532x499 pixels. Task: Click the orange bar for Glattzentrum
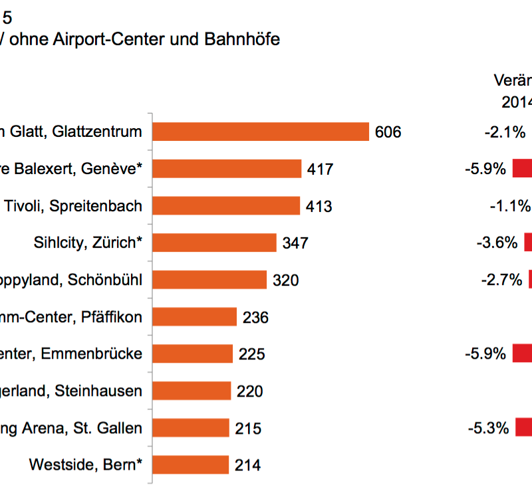click(261, 132)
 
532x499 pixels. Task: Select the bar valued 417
click(227, 169)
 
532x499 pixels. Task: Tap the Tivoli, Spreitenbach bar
click(226, 206)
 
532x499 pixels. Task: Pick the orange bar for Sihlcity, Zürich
click(214, 243)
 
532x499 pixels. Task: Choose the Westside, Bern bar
click(191, 464)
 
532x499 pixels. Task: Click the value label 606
click(388, 132)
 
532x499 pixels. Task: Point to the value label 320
click(286, 280)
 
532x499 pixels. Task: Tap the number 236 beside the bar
click(255, 318)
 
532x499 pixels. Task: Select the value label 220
click(250, 391)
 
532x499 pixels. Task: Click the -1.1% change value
click(510, 206)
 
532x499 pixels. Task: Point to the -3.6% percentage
click(497, 243)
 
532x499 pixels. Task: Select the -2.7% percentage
click(501, 280)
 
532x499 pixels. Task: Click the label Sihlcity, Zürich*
click(87, 243)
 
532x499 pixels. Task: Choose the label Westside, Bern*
click(85, 464)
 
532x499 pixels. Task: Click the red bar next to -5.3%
click(523, 427)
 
